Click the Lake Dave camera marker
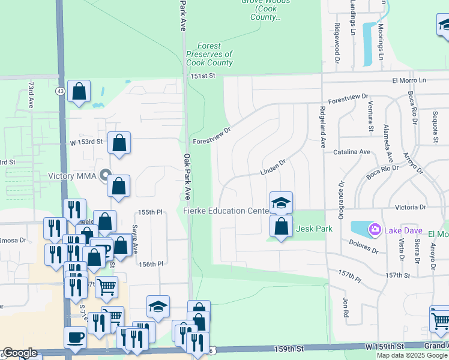(x=375, y=229)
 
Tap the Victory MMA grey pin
(x=106, y=176)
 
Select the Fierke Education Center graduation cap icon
(x=280, y=203)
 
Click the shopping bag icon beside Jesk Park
(x=280, y=226)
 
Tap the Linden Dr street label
(x=274, y=172)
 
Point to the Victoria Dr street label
(x=410, y=207)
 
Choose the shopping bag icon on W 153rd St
(x=119, y=143)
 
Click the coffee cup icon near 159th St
(x=75, y=337)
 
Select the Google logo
(x=20, y=353)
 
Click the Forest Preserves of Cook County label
(x=209, y=54)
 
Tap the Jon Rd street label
(x=346, y=308)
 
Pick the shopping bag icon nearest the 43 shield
(x=79, y=91)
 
